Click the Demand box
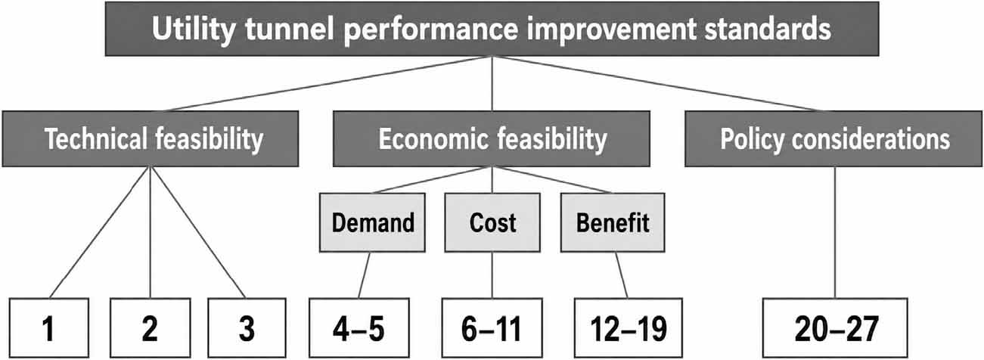tap(372, 222)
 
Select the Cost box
tap(492, 222)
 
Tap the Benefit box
tap(613, 222)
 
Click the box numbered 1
tap(48, 328)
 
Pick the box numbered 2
tap(151, 328)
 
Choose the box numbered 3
tap(247, 328)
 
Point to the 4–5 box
tap(359, 328)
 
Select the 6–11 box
tap(492, 328)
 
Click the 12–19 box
tap(629, 328)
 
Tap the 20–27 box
tap(835, 328)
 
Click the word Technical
tap(96, 138)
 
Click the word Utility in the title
tap(194, 29)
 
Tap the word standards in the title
tap(768, 28)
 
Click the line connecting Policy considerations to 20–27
tap(835, 233)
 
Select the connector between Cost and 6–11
tap(492, 275)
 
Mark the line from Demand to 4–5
tap(364, 275)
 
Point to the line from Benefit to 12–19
tap(621, 275)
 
